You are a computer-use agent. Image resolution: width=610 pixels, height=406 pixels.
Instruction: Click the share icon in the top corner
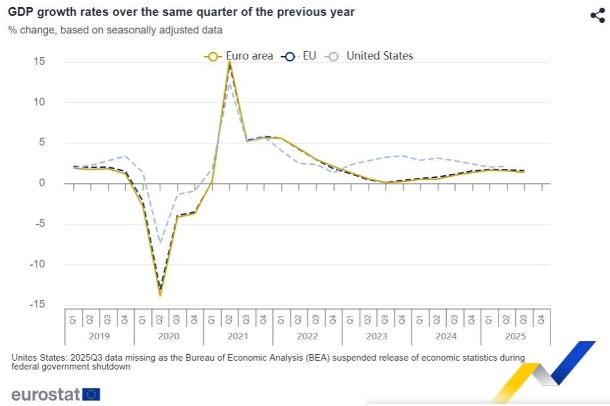(x=597, y=16)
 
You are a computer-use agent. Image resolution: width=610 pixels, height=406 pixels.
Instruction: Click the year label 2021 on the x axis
(x=238, y=336)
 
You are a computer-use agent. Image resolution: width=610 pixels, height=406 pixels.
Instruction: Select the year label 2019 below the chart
(x=99, y=336)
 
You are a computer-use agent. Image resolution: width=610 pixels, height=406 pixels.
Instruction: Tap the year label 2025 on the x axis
(x=515, y=336)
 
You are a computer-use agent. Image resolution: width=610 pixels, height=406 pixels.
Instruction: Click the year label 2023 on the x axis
(x=376, y=336)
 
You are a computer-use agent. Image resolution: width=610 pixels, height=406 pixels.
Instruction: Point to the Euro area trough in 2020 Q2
(x=160, y=295)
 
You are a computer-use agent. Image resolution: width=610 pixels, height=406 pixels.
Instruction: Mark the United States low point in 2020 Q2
(x=160, y=242)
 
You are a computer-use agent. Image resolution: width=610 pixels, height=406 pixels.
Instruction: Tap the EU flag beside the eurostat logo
(x=92, y=394)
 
